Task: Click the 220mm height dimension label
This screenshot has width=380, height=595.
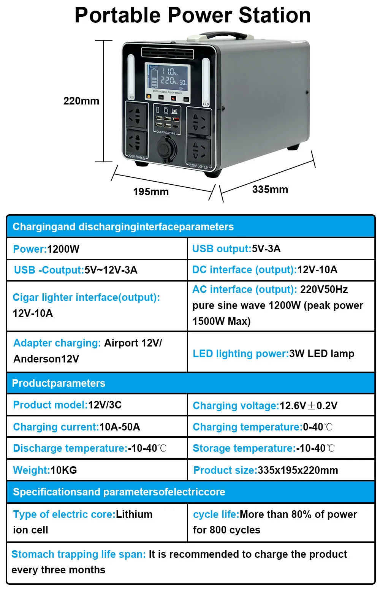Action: (x=81, y=101)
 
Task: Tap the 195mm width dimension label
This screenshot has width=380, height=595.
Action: (x=151, y=191)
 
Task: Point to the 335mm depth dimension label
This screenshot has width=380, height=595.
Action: (x=270, y=189)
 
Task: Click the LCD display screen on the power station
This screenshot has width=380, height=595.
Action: (x=167, y=77)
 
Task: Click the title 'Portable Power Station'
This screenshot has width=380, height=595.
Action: (x=193, y=15)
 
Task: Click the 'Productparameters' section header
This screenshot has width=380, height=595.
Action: (x=59, y=383)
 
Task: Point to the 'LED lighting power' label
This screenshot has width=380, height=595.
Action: (x=241, y=354)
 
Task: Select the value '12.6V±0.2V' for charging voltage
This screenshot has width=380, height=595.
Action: (x=309, y=406)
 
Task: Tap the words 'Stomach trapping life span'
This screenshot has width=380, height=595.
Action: (x=78, y=554)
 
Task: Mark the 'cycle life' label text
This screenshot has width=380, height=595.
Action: (x=215, y=514)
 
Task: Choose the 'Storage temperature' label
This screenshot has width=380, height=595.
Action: (x=244, y=448)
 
